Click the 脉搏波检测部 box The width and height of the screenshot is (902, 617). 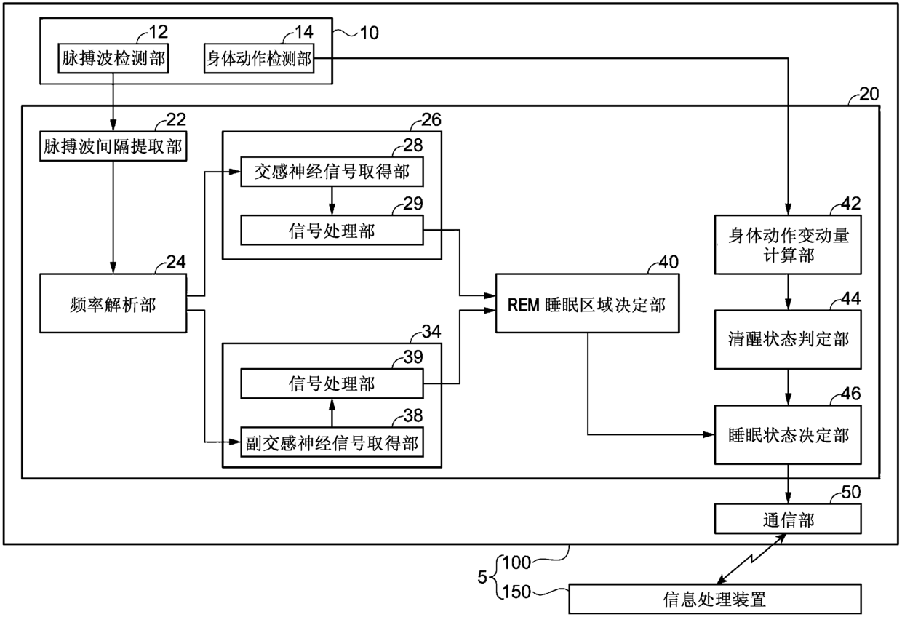[x=113, y=58]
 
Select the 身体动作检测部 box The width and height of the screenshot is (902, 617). [x=259, y=58]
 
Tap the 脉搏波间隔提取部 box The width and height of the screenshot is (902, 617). [x=113, y=146]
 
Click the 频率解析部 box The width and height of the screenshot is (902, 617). [x=113, y=303]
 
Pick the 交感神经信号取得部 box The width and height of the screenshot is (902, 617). [x=332, y=172]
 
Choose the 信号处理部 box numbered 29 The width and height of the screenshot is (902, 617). [x=332, y=231]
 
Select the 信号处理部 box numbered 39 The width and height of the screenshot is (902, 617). [x=332, y=383]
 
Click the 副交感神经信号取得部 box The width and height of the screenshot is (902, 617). [x=332, y=442]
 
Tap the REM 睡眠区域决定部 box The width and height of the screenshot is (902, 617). [x=588, y=303]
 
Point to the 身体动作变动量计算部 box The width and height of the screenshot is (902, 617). [x=788, y=245]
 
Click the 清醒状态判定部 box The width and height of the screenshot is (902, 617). [x=788, y=340]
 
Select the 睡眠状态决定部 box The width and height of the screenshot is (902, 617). [x=788, y=435]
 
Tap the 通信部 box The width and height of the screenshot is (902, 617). [x=788, y=519]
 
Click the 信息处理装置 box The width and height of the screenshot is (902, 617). [x=715, y=599]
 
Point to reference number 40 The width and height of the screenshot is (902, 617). [x=668, y=262]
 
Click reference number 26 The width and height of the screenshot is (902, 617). [x=431, y=119]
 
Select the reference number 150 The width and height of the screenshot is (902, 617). [x=516, y=592]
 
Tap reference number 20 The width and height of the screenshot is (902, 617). [x=869, y=95]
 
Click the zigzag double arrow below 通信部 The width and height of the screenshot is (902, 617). [x=751, y=559]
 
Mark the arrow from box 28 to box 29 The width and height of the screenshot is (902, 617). [x=332, y=201]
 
